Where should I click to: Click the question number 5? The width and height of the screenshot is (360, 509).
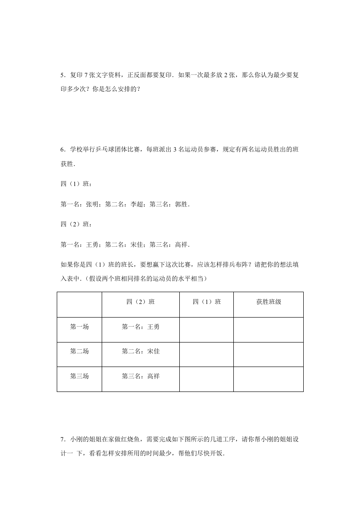point(62,74)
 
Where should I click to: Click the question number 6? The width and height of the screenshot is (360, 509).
point(62,149)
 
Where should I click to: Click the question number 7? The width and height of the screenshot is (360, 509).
point(62,440)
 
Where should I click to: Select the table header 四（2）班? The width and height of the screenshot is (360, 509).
point(141,302)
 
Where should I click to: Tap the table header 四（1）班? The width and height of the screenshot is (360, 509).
point(207,302)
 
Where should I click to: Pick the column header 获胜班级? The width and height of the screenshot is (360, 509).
point(268,302)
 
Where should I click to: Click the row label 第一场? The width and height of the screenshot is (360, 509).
point(79,326)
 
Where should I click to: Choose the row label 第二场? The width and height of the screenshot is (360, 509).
point(79,351)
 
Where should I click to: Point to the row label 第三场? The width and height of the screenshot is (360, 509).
point(79,376)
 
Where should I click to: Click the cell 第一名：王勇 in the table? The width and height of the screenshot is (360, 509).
point(141,326)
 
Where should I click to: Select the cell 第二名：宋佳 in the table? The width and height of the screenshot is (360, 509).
point(141,351)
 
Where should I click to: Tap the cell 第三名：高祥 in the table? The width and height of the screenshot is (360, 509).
point(141,376)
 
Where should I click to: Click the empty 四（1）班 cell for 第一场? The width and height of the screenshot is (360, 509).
point(207,329)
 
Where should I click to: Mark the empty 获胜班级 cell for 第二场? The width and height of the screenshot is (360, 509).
point(268,354)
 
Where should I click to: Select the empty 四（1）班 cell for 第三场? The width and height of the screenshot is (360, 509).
point(207,379)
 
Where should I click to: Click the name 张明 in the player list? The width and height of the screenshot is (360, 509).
point(92,205)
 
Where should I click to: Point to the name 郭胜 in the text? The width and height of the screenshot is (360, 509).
point(181,205)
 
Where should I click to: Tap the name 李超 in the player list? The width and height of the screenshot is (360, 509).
point(137,205)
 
